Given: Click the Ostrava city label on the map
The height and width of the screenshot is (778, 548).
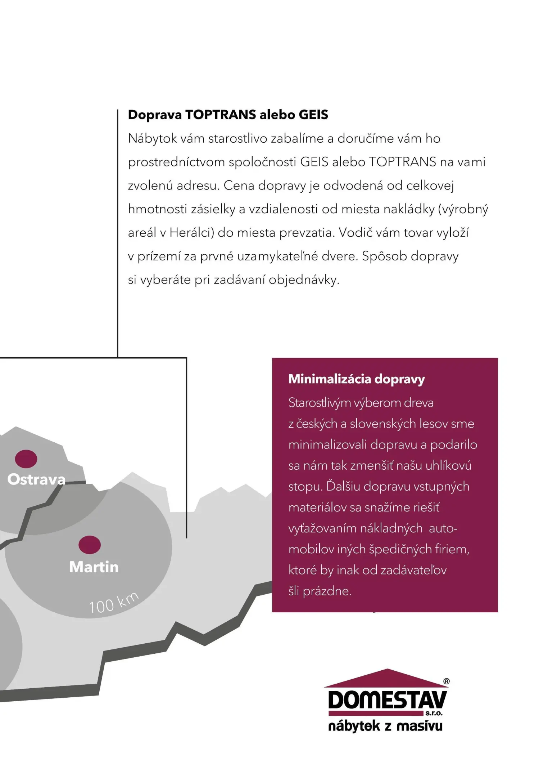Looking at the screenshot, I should coord(36,479).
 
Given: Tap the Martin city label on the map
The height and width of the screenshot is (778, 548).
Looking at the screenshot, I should coord(94,567).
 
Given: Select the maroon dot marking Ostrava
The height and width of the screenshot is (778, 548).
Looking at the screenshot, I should coord(26,459).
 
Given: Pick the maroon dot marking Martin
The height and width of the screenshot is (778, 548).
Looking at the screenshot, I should coord(90,545).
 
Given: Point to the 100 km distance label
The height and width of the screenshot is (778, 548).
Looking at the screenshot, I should coord(113,603).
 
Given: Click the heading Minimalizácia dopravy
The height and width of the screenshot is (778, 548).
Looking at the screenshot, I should coord(357,379).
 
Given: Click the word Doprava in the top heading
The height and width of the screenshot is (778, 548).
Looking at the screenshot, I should coord(155,115).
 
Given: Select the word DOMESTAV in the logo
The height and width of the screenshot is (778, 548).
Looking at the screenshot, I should coord(387,700).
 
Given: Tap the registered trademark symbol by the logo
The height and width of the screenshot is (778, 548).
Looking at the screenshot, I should coord(446,681).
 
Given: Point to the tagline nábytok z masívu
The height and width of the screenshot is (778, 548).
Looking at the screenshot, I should coord(385,726).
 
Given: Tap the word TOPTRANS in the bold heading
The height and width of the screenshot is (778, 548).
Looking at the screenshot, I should coord(221,115).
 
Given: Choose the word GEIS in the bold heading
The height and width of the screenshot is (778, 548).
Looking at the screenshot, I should coord(313,115).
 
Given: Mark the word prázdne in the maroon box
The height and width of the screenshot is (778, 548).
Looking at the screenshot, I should coord(327,591).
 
